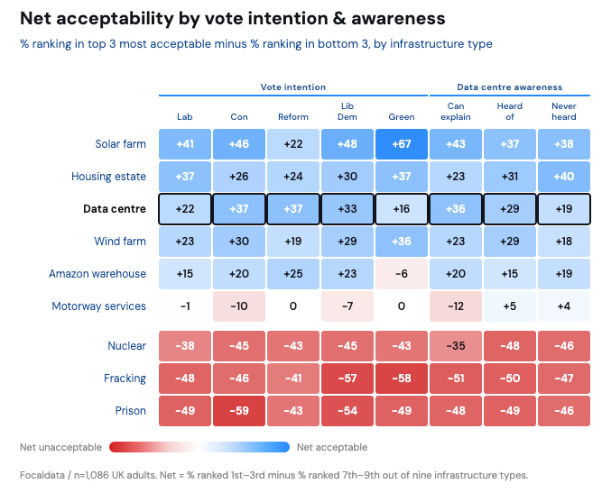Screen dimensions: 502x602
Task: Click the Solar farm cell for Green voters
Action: point(402,144)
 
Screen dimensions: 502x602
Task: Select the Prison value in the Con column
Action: point(239,411)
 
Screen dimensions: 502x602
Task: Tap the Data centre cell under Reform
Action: point(293,209)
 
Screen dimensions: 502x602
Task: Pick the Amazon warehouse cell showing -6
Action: point(402,274)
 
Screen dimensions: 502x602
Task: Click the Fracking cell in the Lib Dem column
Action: point(347,379)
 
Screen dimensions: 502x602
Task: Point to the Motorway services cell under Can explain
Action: point(456,306)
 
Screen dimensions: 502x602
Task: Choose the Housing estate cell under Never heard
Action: point(564,177)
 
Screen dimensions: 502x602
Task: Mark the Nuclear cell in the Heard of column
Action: point(510,346)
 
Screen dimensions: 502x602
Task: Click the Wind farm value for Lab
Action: point(185,242)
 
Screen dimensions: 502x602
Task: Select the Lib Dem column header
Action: point(347,111)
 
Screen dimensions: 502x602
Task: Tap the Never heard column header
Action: point(564,111)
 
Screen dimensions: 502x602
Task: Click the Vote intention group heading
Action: point(293,87)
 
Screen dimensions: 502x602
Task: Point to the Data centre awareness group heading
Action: point(510,87)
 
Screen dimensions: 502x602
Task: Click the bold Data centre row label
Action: point(115,209)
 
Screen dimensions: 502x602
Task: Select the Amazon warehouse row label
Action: point(97,274)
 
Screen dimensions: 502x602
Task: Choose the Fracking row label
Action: point(125,379)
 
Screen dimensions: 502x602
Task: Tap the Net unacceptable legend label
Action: point(60,447)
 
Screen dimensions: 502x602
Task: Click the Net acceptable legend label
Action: point(332,447)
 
